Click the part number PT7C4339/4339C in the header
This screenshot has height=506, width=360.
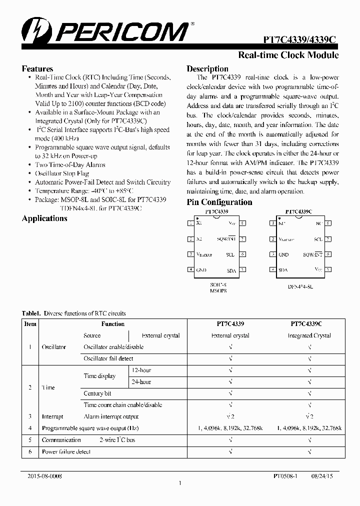301,39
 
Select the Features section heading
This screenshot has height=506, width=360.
37,69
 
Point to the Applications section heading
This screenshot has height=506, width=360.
44,218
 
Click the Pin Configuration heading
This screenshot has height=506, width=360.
219,202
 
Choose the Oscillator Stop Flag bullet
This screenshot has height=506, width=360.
62,173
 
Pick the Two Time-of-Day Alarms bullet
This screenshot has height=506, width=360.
70,164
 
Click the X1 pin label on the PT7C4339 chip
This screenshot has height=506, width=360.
200,223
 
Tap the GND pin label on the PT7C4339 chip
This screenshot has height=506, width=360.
201,270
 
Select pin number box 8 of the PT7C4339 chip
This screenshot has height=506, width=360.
242,223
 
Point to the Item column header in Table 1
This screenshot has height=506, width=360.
30,324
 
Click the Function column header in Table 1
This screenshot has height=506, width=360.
113,324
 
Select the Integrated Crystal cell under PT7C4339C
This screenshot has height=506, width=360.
309,335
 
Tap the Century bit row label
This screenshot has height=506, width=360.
97,393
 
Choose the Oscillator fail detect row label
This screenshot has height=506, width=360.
108,358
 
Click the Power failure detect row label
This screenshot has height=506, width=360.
66,451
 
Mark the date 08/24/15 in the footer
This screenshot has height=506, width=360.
323,476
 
